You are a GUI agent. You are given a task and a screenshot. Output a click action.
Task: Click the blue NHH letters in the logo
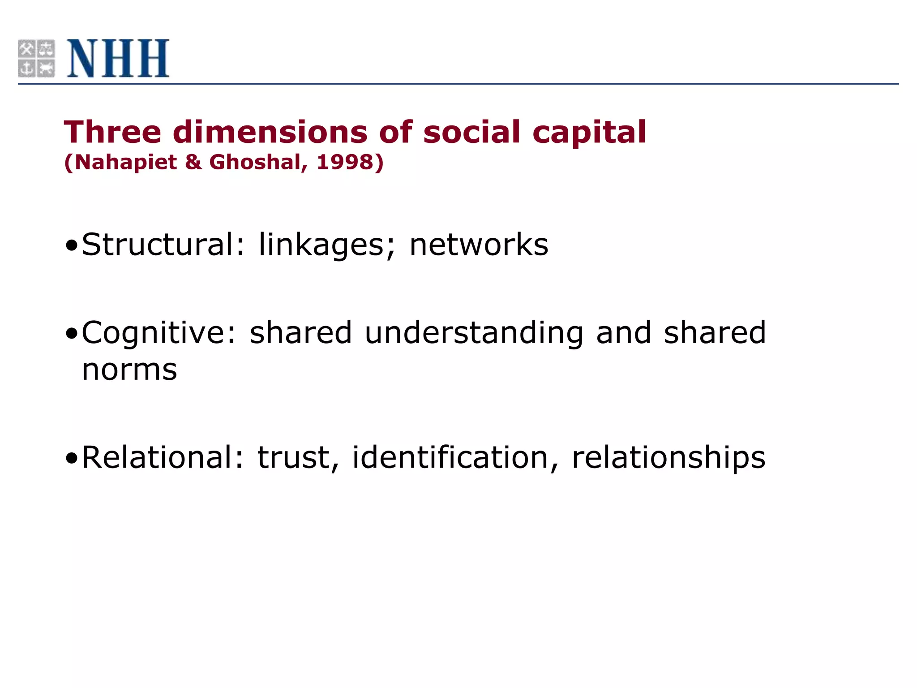[118, 58]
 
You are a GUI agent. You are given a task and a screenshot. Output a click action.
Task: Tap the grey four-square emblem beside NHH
[36, 58]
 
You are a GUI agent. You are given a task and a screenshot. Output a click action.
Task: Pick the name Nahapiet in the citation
[126, 162]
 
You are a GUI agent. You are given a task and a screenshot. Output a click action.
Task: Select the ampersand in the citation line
[193, 162]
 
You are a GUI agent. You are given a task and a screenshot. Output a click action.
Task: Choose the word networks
[479, 245]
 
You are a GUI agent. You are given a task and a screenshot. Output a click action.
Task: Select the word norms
[129, 370]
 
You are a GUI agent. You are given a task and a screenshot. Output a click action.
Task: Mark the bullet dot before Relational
[72, 458]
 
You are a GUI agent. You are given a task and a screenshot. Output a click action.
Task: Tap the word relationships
[668, 458]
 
